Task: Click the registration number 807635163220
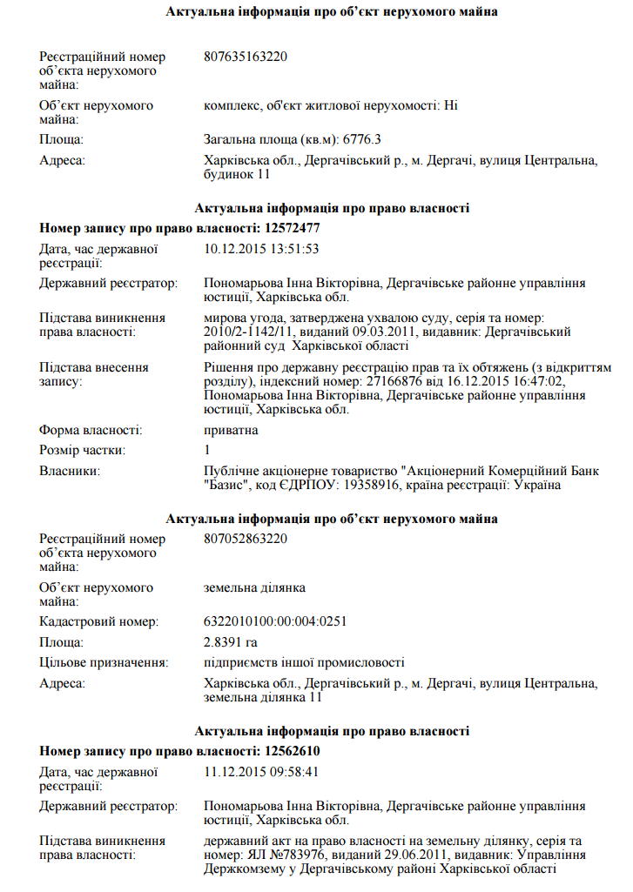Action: [246, 57]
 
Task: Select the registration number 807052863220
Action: [246, 539]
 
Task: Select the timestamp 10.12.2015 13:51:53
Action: [261, 249]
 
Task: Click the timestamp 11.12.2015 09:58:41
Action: [261, 772]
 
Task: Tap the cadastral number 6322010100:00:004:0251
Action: [275, 621]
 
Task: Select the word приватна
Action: [231, 430]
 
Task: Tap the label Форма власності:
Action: [91, 430]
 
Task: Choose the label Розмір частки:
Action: [83, 451]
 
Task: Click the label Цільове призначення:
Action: [104, 663]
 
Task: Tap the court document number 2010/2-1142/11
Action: [248, 332]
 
